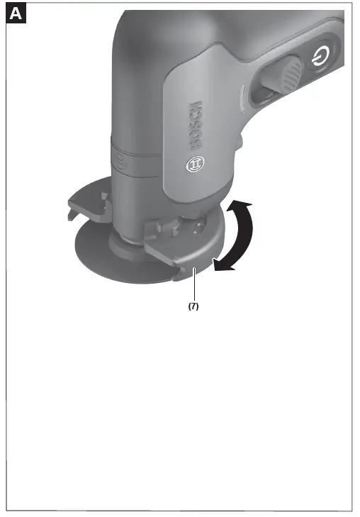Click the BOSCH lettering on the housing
pyautogui.click(x=195, y=128)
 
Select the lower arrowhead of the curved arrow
pyautogui.click(x=222, y=265)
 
